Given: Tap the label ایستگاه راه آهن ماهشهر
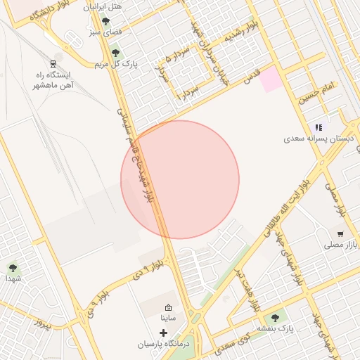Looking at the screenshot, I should click(x=53, y=79).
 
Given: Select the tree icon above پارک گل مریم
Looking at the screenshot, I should click(x=115, y=53).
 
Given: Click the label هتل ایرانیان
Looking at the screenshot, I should click(x=103, y=7).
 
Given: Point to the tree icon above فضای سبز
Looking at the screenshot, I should click(x=105, y=21).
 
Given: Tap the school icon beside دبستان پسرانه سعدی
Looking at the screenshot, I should click(x=319, y=127).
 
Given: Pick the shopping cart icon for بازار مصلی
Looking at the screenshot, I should click(x=340, y=234).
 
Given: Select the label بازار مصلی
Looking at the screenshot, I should click(x=341, y=245).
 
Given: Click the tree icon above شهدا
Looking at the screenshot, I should click(x=13, y=267).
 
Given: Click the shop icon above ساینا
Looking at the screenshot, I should click(x=168, y=307).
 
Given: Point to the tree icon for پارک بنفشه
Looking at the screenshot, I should click(x=275, y=318).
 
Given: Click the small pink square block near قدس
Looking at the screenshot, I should click(x=270, y=81).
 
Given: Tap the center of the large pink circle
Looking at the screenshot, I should click(x=180, y=179).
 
